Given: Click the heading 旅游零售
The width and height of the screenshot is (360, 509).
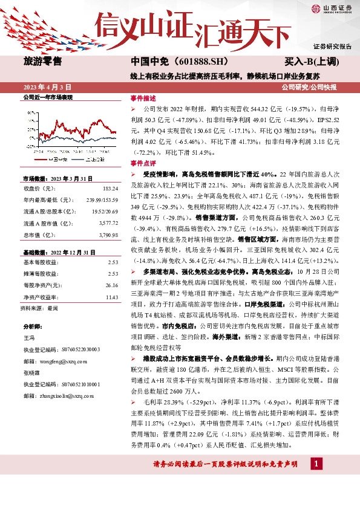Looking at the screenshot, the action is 42,61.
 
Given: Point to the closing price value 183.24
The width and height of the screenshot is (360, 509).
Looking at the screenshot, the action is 110,189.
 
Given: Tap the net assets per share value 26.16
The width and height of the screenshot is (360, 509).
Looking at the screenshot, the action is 111,284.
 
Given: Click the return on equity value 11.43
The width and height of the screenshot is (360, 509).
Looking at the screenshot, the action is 111,297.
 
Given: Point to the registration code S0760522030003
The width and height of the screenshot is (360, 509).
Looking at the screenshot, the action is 79,349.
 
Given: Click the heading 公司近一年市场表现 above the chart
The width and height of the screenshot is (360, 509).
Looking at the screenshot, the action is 48,97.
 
